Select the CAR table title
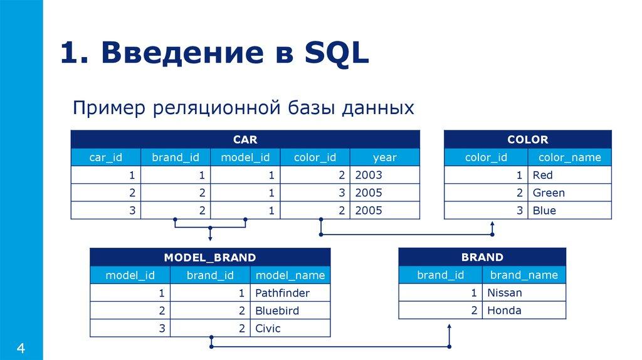tap(245, 139)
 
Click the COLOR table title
tap(527, 139)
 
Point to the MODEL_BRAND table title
tap(210, 257)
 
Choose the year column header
tap(384, 157)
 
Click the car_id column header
tap(106, 157)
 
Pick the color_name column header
tap(569, 157)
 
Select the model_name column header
tap(290, 275)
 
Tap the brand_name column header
tap(524, 275)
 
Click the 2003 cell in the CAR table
tap(368, 175)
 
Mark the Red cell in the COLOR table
tap(543, 175)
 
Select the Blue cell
tap(544, 210)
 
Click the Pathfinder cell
tap(283, 292)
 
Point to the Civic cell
tap(268, 327)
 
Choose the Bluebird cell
tap(277, 310)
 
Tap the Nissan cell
tap(504, 292)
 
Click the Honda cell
tap(504, 310)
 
